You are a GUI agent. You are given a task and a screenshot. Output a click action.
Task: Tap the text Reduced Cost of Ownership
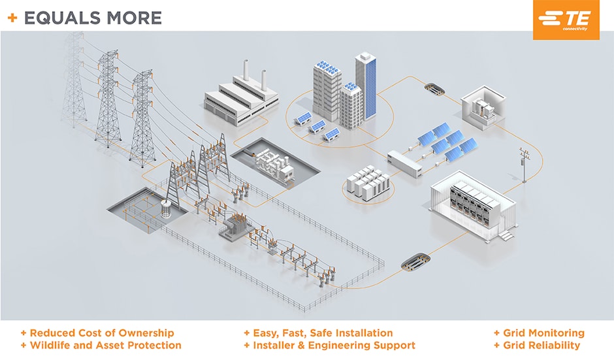(102, 333)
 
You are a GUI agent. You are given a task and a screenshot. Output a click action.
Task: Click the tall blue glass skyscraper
(366, 85)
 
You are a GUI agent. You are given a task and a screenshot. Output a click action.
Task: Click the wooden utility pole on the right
(524, 165)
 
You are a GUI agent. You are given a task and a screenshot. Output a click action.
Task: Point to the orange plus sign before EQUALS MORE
(12, 18)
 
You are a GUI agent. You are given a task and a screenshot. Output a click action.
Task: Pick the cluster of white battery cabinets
(368, 182)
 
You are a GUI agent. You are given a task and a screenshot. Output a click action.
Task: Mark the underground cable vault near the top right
(433, 87)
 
